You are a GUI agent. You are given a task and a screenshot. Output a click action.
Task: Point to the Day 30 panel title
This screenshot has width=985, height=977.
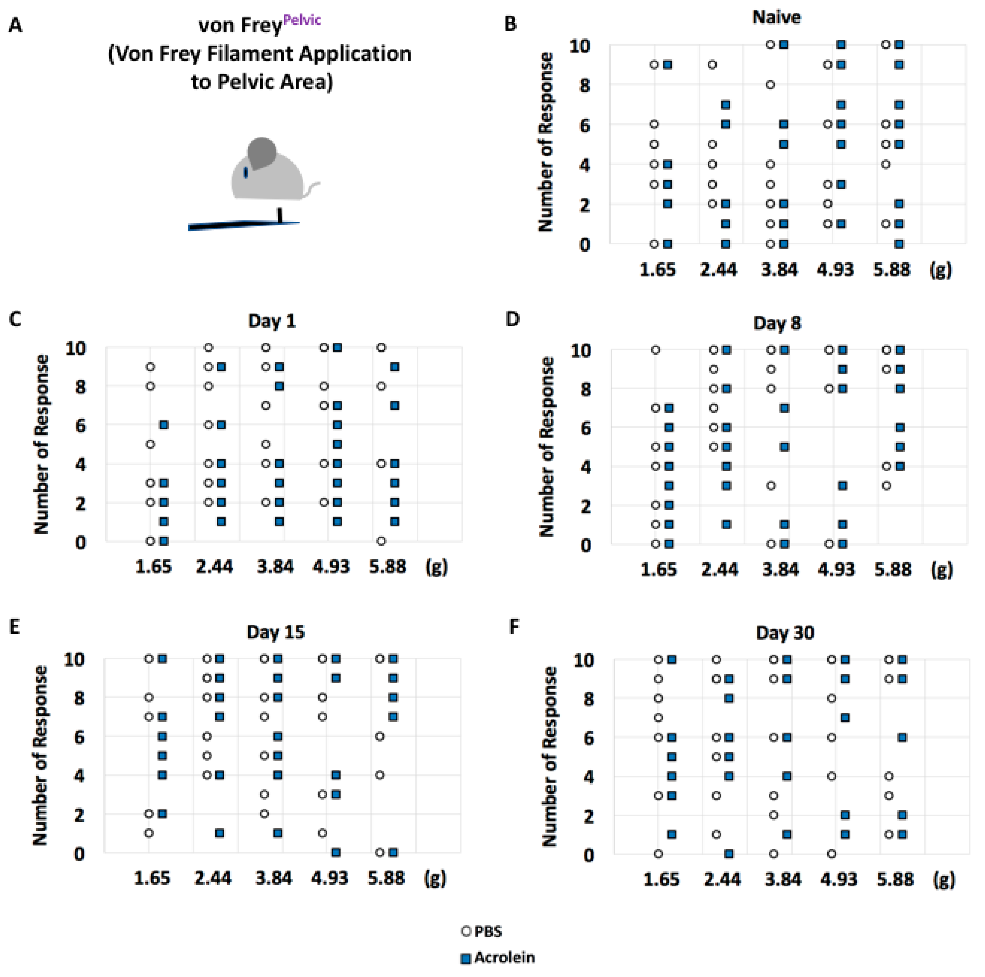[785, 633]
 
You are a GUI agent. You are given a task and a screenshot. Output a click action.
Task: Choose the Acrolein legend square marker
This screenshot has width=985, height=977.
[465, 959]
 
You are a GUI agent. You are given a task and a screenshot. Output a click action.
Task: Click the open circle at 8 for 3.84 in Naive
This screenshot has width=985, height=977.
[770, 85]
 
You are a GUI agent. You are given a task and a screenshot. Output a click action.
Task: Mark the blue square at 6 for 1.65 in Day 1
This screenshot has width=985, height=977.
[164, 425]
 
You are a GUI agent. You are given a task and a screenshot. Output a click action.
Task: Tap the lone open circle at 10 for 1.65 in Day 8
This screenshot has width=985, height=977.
[656, 350]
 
